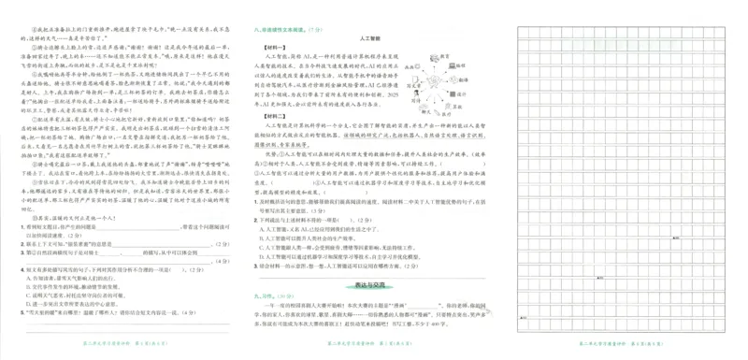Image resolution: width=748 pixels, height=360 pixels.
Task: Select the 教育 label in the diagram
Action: click(x=442, y=56)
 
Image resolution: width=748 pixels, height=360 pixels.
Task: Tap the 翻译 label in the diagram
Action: click(x=464, y=81)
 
